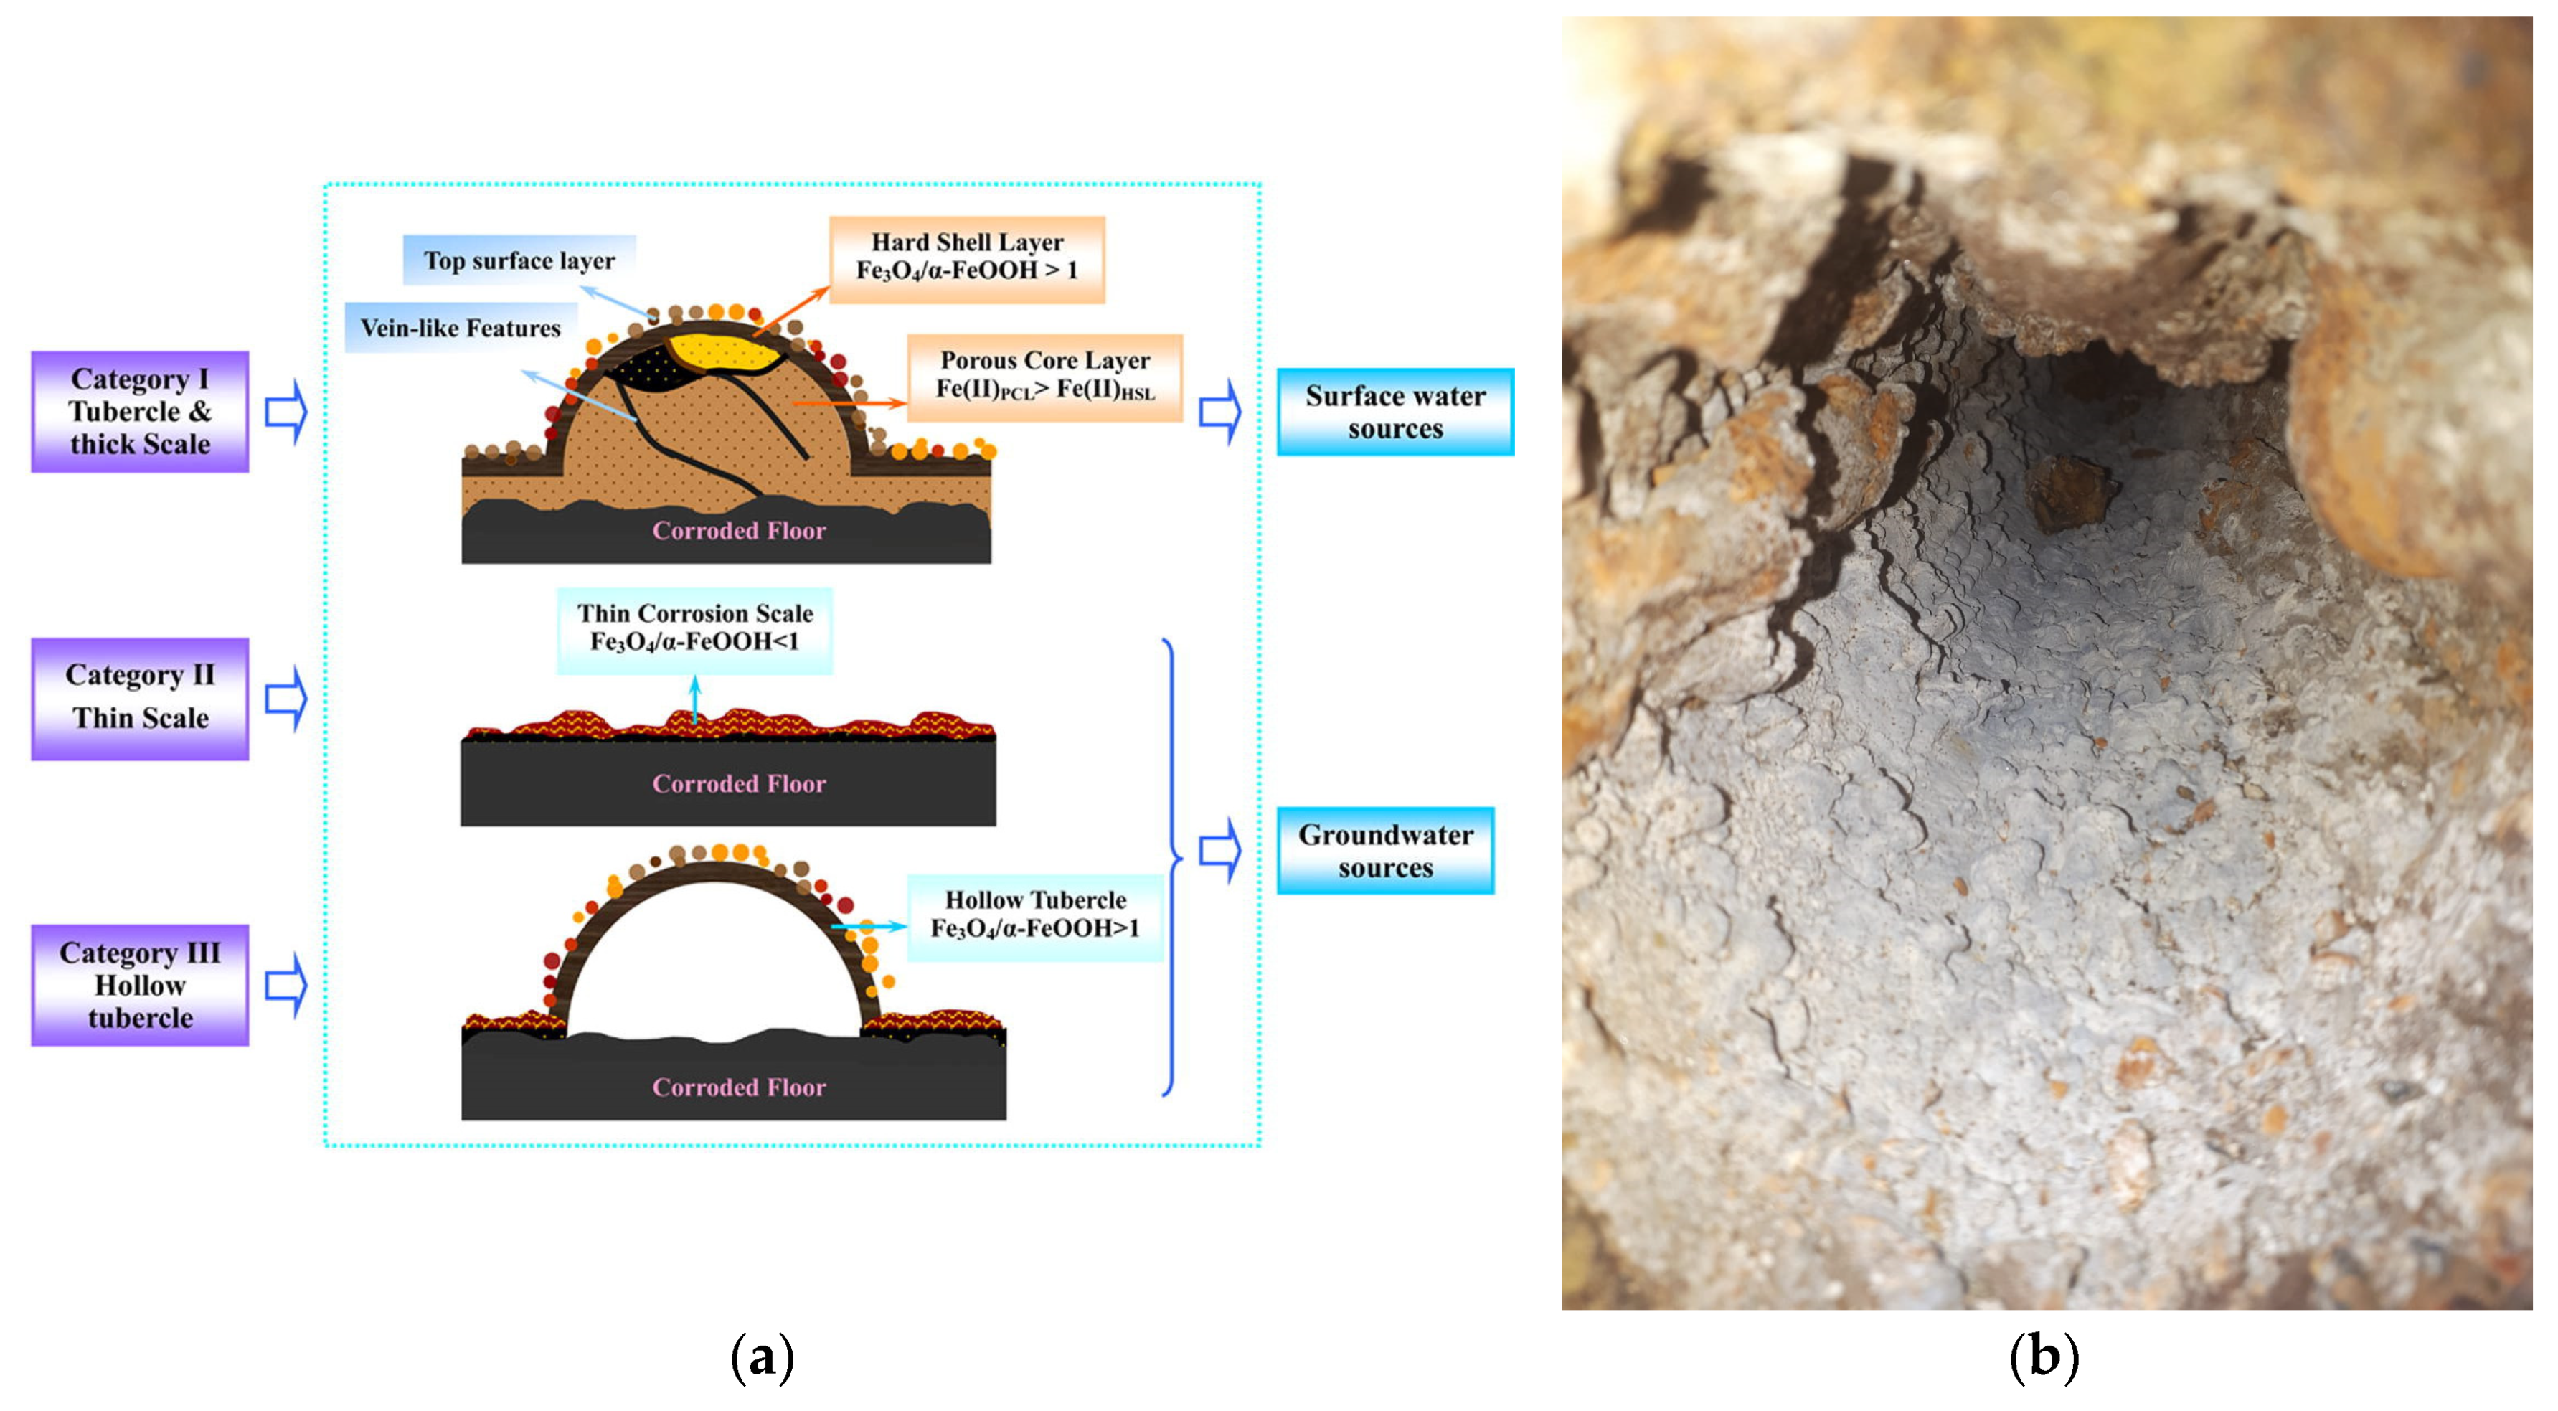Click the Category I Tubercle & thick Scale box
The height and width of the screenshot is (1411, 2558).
click(140, 411)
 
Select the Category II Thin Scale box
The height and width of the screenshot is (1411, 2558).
click(140, 698)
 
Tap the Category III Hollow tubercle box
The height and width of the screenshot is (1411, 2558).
click(140, 984)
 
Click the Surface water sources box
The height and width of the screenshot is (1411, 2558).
click(1394, 412)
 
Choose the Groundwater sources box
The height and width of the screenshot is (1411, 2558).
click(1385, 851)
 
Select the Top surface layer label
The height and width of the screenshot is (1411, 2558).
click(519, 260)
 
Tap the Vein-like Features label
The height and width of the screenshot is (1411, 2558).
click(460, 328)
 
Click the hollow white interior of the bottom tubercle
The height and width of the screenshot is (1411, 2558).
click(713, 963)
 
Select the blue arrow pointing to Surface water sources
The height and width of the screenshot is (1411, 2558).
click(1220, 412)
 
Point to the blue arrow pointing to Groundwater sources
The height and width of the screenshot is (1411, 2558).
click(1220, 851)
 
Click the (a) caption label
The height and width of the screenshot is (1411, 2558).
click(762, 1356)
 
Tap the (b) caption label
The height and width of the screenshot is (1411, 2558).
click(2044, 1356)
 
